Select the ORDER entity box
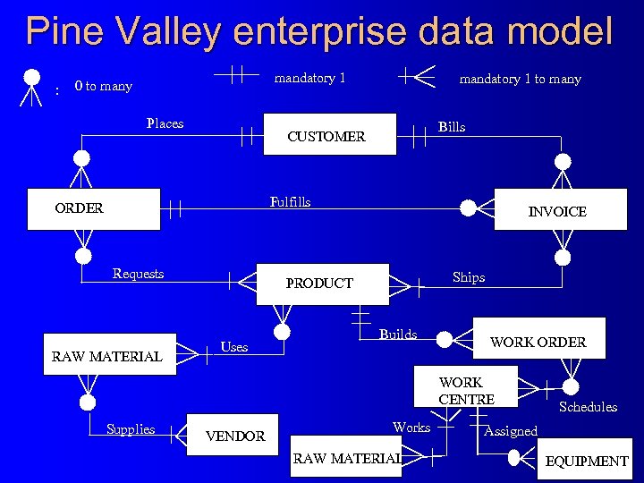pyautogui.click(x=94, y=208)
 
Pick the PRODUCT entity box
pyautogui.click(x=322, y=284)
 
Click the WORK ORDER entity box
pyautogui.click(x=538, y=341)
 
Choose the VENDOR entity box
pyautogui.click(x=234, y=436)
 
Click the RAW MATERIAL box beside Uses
pyautogui.click(x=108, y=355)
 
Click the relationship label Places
pyautogui.click(x=165, y=123)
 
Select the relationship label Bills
pyautogui.click(x=452, y=127)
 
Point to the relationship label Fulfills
pyautogui.click(x=290, y=202)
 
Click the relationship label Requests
pyautogui.click(x=138, y=274)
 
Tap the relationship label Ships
pyautogui.click(x=469, y=277)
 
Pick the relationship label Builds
pyautogui.click(x=398, y=335)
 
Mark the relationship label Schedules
pyautogui.click(x=588, y=407)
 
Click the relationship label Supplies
pyautogui.click(x=131, y=429)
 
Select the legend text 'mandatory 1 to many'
pyautogui.click(x=520, y=79)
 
